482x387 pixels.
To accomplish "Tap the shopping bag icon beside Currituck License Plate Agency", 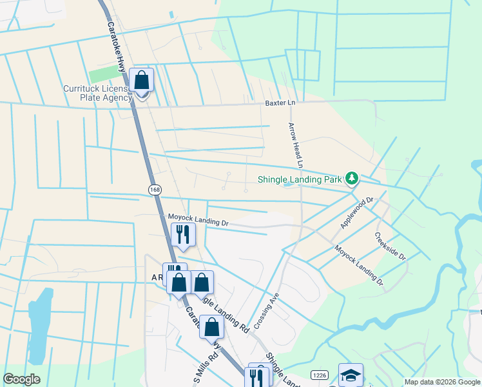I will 142,81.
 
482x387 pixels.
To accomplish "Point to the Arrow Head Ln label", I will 296,146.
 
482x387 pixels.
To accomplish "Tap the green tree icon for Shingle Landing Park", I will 351,177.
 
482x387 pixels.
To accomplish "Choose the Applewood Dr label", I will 358,213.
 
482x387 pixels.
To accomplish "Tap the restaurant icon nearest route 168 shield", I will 183,234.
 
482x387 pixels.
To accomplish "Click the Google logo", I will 22,379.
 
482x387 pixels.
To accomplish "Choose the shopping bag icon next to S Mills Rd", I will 211,327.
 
